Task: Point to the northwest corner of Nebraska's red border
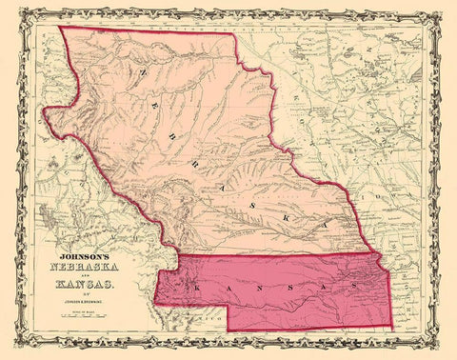pyautogui.click(x=61, y=26)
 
